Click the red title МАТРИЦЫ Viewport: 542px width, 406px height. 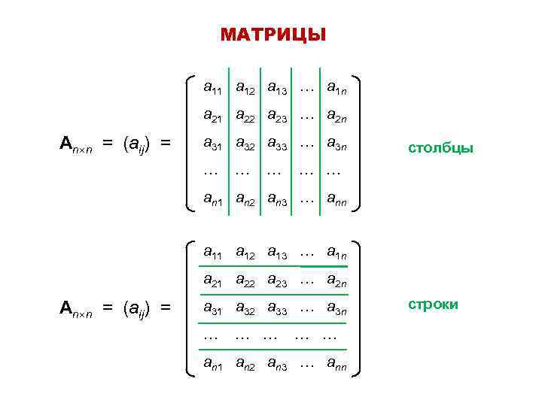pyautogui.click(x=273, y=35)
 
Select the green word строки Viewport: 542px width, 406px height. pyautogui.click(x=433, y=305)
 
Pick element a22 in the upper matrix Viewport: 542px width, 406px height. pyautogui.click(x=244, y=117)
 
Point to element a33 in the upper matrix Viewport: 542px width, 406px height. pyautogui.click(x=276, y=144)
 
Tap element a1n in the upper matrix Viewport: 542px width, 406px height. pyautogui.click(x=336, y=89)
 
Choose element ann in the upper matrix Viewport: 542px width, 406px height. pyautogui.click(x=336, y=200)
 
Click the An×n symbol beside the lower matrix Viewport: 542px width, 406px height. pyautogui.click(x=75, y=308)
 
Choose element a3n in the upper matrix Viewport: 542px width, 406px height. pyautogui.click(x=336, y=144)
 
